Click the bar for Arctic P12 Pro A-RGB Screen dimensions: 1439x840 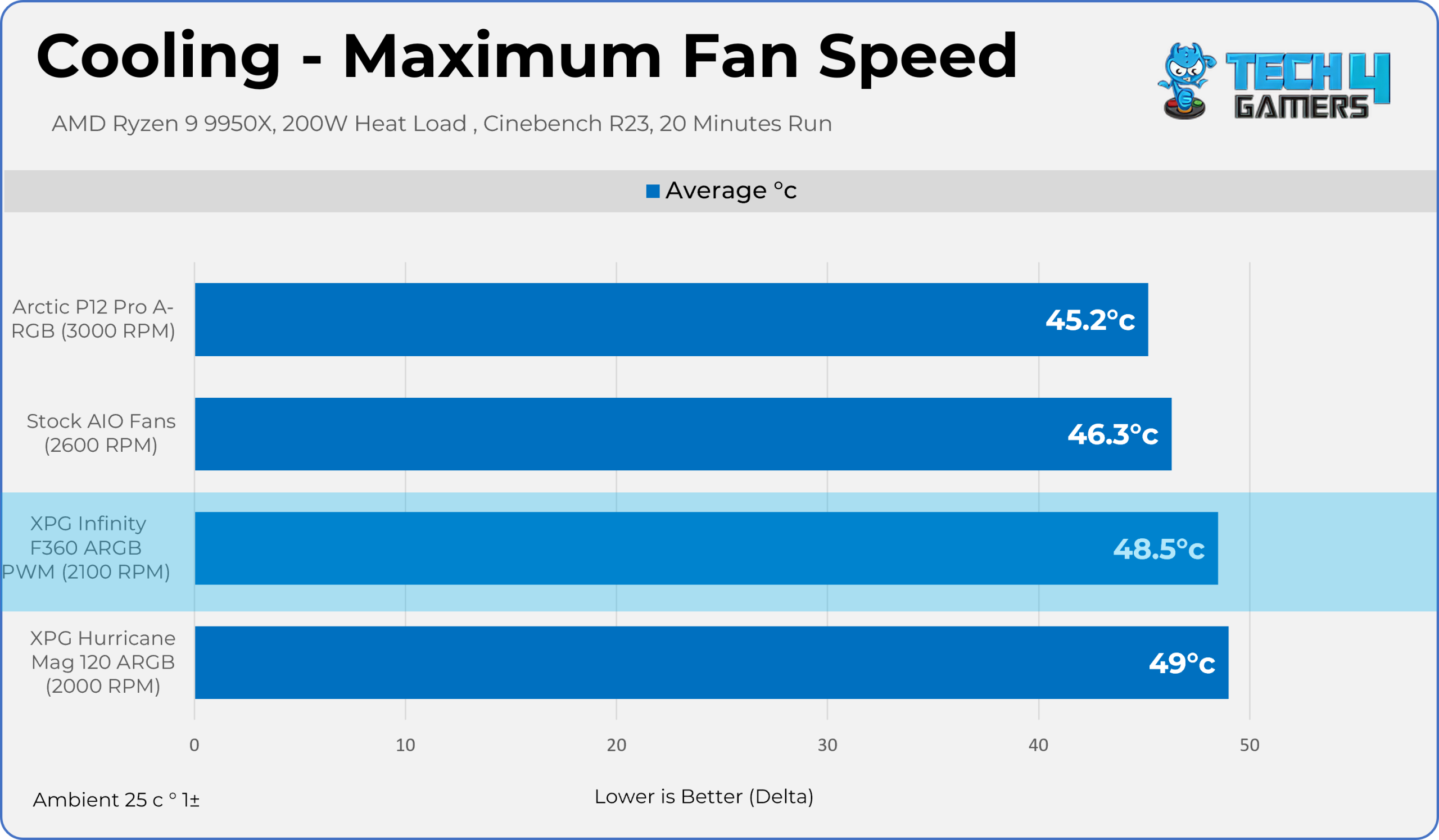pyautogui.click(x=671, y=320)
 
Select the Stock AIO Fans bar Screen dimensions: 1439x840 pyautogui.click(x=683, y=434)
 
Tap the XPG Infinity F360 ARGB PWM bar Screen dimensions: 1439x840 pyautogui.click(x=707, y=548)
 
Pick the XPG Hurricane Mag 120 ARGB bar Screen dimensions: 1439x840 pyautogui.click(x=712, y=662)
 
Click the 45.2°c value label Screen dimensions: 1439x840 pyautogui.click(x=1090, y=320)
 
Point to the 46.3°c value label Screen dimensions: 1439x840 pyautogui.click(x=1113, y=435)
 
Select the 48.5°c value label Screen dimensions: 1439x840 pyautogui.click(x=1159, y=549)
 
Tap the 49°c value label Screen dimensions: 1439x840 pyautogui.click(x=1182, y=663)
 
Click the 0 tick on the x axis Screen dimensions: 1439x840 pyautogui.click(x=194, y=744)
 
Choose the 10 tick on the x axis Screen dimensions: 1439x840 pyautogui.click(x=405, y=744)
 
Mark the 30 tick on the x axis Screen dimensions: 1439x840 pyautogui.click(x=827, y=744)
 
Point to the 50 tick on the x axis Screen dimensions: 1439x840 pyautogui.click(x=1250, y=744)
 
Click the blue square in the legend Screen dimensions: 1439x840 pyautogui.click(x=653, y=191)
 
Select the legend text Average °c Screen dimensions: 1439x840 pyautogui.click(x=731, y=190)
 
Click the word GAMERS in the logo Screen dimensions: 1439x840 pyautogui.click(x=1301, y=107)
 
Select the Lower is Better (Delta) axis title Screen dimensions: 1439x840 pyautogui.click(x=704, y=797)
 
